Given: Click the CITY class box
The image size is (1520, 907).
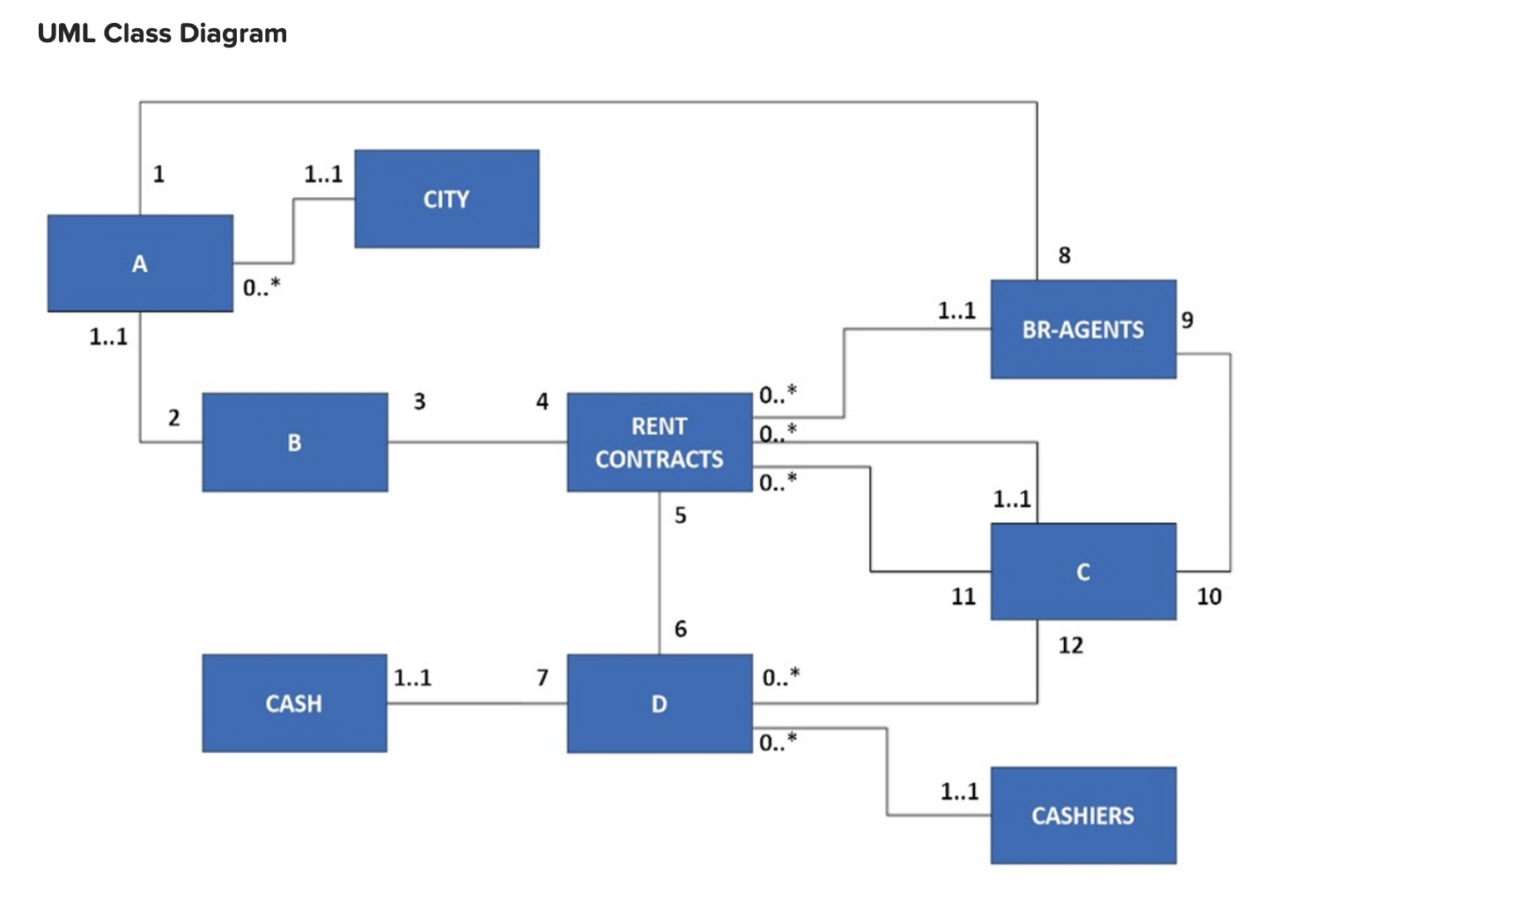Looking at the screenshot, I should tap(446, 199).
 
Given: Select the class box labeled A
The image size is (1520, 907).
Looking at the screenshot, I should tap(140, 263).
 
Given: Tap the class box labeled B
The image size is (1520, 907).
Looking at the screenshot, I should tap(294, 442).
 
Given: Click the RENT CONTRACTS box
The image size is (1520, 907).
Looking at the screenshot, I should tap(659, 442).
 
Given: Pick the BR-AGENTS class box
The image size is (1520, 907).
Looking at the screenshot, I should tap(1082, 329).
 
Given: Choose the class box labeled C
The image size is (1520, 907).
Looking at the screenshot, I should tap(1082, 571).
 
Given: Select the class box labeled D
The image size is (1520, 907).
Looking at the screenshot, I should tap(659, 704).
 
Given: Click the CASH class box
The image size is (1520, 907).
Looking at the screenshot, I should tap(294, 704).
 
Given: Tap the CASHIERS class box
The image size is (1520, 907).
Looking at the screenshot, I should tap(1082, 815).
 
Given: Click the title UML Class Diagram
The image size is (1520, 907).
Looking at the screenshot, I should tap(162, 33).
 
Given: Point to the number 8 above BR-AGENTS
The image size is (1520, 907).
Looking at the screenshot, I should tap(1065, 255).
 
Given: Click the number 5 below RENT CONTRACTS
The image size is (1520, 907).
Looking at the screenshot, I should tap(681, 515).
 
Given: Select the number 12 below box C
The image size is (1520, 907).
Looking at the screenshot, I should tap(1071, 645).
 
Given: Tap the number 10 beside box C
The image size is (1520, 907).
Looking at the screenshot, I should tap(1209, 596).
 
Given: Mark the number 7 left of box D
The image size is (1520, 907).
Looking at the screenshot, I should tap(542, 677).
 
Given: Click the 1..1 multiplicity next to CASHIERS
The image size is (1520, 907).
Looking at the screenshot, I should tap(959, 791).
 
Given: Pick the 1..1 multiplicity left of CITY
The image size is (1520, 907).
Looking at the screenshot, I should tap(323, 174).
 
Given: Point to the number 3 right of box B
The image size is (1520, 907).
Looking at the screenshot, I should tap(419, 402).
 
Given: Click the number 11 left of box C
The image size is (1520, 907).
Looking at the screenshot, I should tap(963, 596).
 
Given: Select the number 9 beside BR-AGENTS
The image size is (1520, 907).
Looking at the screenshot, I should tap(1188, 320).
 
